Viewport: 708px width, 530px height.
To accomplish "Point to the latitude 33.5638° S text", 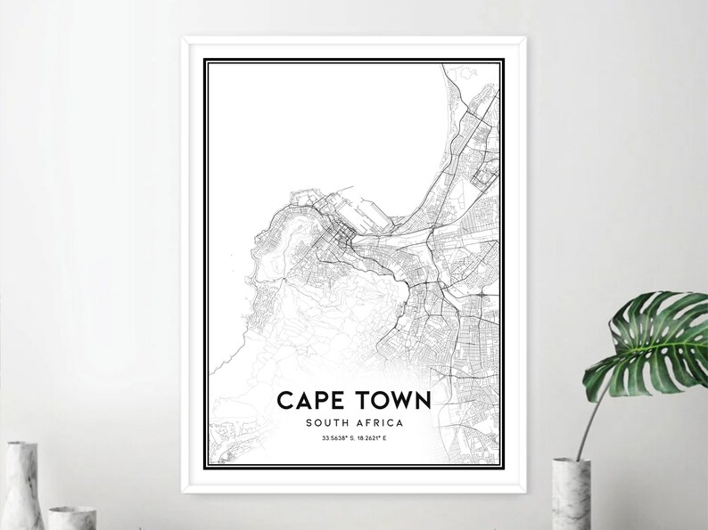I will pos(330,438).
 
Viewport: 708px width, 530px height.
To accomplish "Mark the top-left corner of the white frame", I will pos(184,37).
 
